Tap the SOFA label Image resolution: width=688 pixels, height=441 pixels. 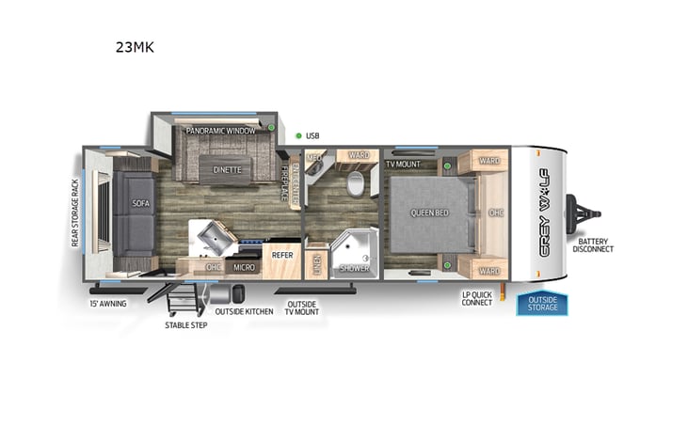pos(140,202)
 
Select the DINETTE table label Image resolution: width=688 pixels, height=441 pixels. pos(226,170)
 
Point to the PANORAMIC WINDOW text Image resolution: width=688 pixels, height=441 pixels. pos(220,131)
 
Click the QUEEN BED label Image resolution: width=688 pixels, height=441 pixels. pos(429,213)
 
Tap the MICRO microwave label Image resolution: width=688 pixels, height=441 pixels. pos(245,267)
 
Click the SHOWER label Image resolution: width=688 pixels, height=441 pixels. pos(354,268)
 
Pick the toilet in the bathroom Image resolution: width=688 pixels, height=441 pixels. pos(356,183)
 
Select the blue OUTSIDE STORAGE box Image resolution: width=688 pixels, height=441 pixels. pos(542,304)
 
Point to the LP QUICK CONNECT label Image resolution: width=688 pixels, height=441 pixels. pos(477,299)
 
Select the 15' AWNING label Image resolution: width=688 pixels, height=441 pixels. pos(107,304)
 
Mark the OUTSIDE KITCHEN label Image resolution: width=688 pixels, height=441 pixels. pos(244,311)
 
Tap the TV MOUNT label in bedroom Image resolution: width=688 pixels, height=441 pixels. pos(402,165)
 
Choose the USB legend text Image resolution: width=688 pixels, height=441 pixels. pos(312,136)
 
